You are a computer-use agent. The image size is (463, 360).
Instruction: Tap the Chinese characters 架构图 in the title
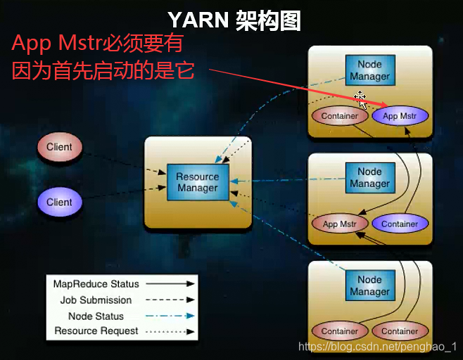pos(266,20)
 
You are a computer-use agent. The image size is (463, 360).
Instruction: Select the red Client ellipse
pos(59,147)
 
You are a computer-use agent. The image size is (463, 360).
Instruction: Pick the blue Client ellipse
pos(59,202)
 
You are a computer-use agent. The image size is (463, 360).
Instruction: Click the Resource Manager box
pos(198,182)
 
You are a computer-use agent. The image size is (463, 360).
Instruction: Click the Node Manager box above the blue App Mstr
pos(369,70)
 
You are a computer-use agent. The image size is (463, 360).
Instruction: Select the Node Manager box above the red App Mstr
pos(369,177)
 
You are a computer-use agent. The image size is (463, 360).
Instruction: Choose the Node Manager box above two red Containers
pos(369,285)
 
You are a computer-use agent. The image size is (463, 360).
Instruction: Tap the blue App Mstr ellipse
pos(400,116)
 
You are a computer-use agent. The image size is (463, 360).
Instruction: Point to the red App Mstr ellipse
pos(340,224)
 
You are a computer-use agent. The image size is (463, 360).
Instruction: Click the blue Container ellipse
pos(400,224)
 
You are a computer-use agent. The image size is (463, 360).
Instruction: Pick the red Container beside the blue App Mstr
pos(339,116)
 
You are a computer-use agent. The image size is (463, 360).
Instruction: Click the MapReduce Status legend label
pos(96,284)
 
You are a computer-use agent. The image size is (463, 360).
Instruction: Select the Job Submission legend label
pos(96,300)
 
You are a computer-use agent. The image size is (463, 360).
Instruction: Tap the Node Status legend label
pos(96,316)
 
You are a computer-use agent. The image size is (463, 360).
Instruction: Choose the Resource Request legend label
pos(96,330)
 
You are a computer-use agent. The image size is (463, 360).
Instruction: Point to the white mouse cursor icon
pos(361,99)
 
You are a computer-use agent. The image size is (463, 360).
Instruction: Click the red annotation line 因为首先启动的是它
pos(103,71)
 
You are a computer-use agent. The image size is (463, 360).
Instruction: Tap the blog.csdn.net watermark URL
pos(377,347)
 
